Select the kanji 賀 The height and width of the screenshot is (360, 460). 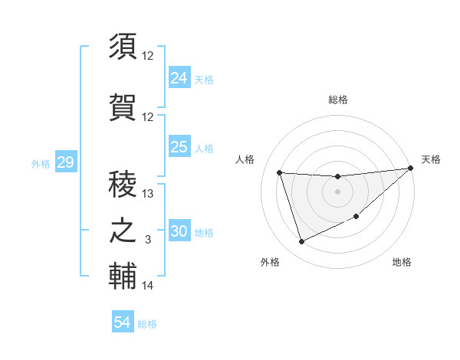(123, 105)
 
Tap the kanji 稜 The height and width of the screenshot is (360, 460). (123, 182)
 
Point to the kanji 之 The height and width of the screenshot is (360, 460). (123, 231)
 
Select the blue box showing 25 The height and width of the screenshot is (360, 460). (179, 147)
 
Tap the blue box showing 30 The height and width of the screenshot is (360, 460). (179, 232)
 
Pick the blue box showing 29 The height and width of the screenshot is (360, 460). (65, 162)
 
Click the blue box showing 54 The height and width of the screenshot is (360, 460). (123, 322)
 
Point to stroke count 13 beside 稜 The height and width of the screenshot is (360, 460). (149, 194)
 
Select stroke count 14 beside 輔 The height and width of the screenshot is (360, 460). (148, 286)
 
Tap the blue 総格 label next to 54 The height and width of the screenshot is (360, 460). (147, 324)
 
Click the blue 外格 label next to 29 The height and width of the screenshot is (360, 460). (41, 164)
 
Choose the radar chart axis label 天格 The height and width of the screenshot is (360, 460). (431, 159)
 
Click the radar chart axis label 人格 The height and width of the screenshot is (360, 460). (245, 159)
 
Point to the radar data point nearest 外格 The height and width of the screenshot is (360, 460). (301, 242)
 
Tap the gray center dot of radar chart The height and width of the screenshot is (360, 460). (337, 191)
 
